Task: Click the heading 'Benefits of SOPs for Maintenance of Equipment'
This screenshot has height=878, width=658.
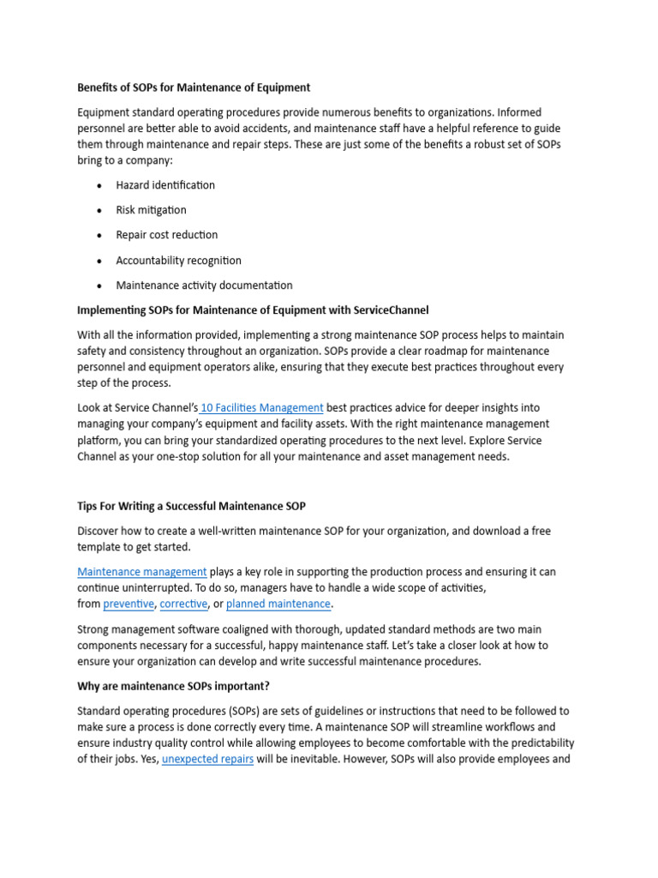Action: click(194, 87)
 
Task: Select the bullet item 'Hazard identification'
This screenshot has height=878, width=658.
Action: click(165, 185)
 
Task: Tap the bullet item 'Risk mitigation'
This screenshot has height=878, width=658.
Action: click(151, 210)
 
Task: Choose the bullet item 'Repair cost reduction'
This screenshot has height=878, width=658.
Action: click(167, 235)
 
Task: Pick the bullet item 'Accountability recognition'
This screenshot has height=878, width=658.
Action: click(179, 261)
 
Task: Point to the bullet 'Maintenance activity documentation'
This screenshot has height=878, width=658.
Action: click(204, 286)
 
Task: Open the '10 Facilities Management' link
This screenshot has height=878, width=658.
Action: click(262, 408)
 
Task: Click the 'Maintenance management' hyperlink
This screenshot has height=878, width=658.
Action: click(142, 572)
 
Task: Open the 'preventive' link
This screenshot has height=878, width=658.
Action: click(129, 604)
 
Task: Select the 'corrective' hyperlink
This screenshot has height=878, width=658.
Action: click(183, 604)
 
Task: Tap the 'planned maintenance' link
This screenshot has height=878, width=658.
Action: click(278, 604)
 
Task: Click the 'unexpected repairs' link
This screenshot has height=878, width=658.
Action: click(207, 760)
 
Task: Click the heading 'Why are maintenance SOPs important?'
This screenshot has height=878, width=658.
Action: click(173, 686)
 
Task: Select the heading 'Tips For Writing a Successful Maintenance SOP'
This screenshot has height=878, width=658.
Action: click(191, 507)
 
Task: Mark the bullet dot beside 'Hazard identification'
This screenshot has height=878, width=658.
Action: click(99, 186)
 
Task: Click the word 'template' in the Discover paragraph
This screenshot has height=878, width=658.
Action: click(101, 547)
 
